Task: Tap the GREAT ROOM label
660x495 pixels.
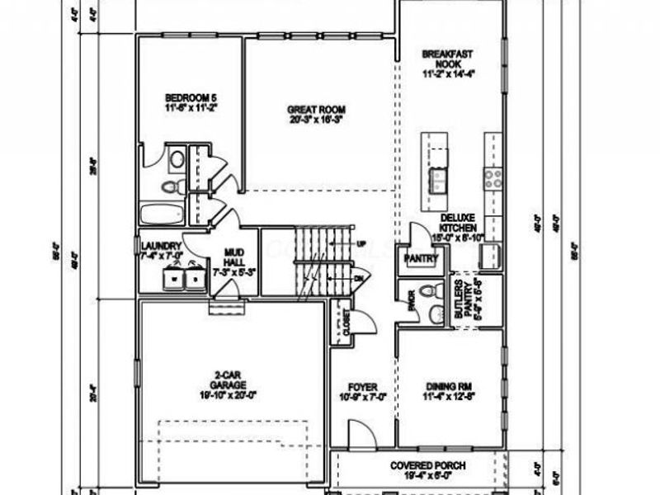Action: [x=315, y=110]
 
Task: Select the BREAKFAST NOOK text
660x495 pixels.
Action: [x=450, y=59]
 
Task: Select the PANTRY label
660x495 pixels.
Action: [x=420, y=259]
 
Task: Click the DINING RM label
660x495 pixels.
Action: [x=450, y=385]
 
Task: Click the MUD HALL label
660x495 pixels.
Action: [x=224, y=262]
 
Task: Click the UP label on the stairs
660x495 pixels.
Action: [x=361, y=245]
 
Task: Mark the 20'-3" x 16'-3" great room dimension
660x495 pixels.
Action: [x=315, y=120]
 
